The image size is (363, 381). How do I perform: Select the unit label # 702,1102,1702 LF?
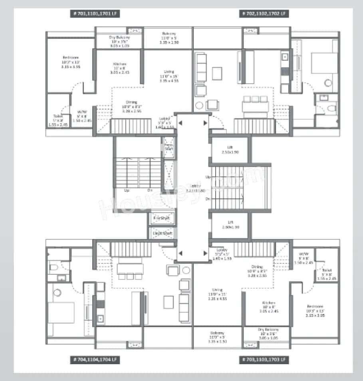click(x=264, y=14)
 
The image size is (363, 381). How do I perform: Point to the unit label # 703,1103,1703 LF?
click(x=264, y=360)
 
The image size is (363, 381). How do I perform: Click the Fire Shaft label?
click(x=162, y=218)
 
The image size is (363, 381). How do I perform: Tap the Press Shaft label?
click(x=169, y=147)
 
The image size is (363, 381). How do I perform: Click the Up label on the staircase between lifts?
click(x=208, y=176)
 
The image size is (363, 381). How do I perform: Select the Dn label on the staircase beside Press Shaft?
click(x=150, y=190)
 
